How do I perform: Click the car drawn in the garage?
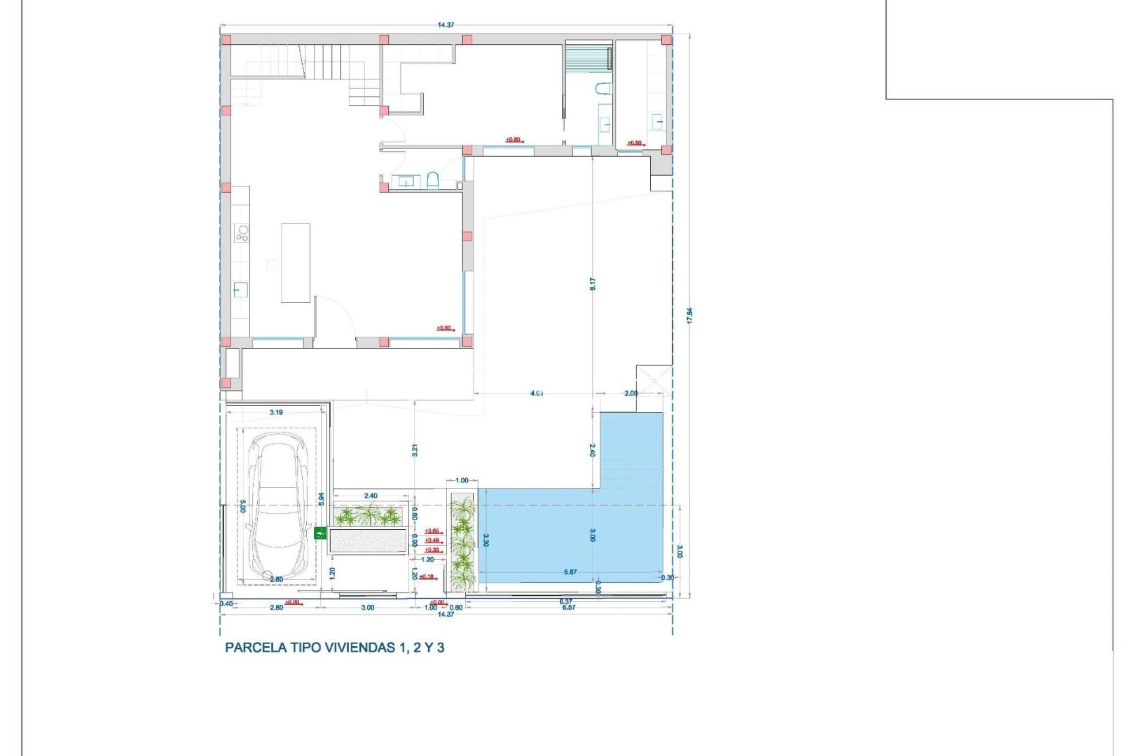point(278,505)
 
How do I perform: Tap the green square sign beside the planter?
point(320,533)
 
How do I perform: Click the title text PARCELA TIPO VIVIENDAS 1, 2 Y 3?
point(334,647)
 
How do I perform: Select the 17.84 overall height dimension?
point(689,315)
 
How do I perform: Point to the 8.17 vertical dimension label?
point(593,283)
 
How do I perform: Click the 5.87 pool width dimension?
point(570,572)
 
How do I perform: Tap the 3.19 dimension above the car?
point(276,412)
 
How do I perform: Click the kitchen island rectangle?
point(296,262)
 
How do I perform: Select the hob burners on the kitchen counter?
point(242,232)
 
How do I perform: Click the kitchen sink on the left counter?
point(240,289)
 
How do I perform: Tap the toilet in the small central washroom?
point(432,182)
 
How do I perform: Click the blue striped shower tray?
point(589,57)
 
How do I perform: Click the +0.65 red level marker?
point(432,531)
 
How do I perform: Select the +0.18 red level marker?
point(426,577)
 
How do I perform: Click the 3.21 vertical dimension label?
point(415,451)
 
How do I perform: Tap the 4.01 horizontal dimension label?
point(537,393)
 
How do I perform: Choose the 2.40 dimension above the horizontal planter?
point(371,496)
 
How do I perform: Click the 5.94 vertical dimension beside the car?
point(321,498)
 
